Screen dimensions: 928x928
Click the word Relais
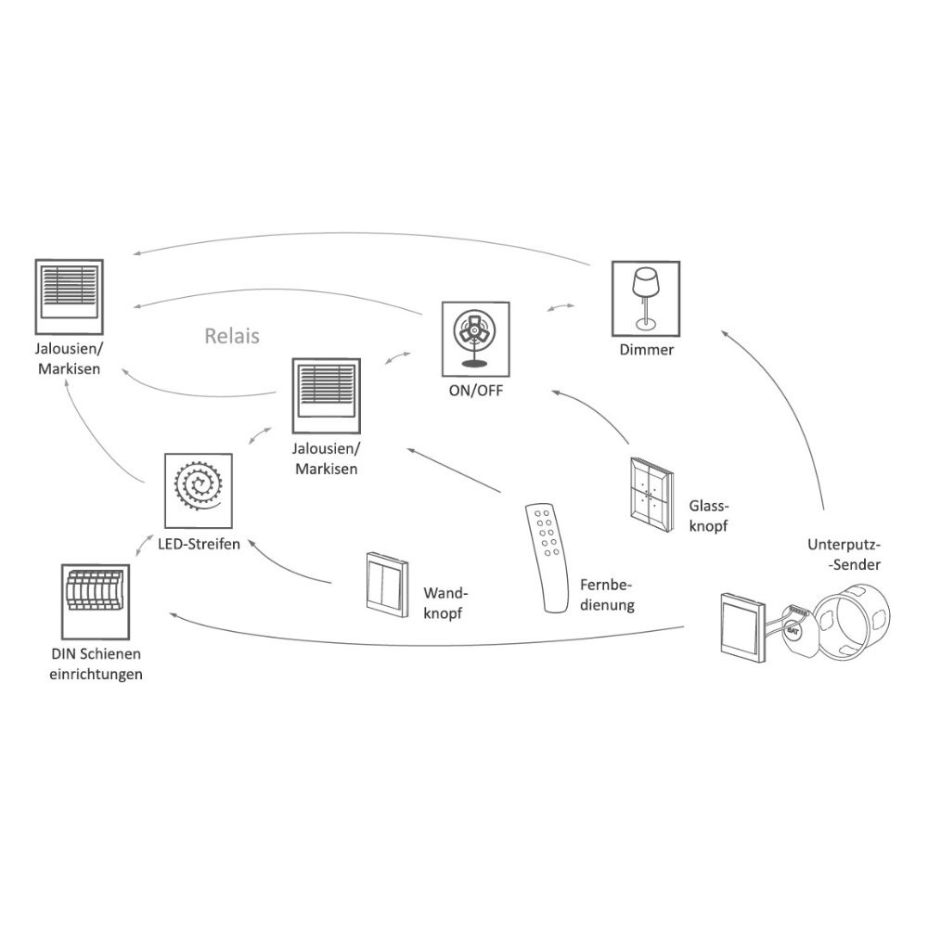231,335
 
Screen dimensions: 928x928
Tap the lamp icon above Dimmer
647,298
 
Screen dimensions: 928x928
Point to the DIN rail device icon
96,599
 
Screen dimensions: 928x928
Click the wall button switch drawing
385,581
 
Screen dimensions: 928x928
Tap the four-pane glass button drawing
651,494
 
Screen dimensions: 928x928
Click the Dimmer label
646,350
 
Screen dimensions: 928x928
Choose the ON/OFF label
475,391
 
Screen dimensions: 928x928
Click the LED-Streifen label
198,544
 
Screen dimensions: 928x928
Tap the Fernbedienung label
606,595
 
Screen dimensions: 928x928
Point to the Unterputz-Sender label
843,553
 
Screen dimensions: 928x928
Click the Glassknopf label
710,515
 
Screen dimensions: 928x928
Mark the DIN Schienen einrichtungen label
97,664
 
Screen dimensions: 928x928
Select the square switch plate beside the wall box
742,628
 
